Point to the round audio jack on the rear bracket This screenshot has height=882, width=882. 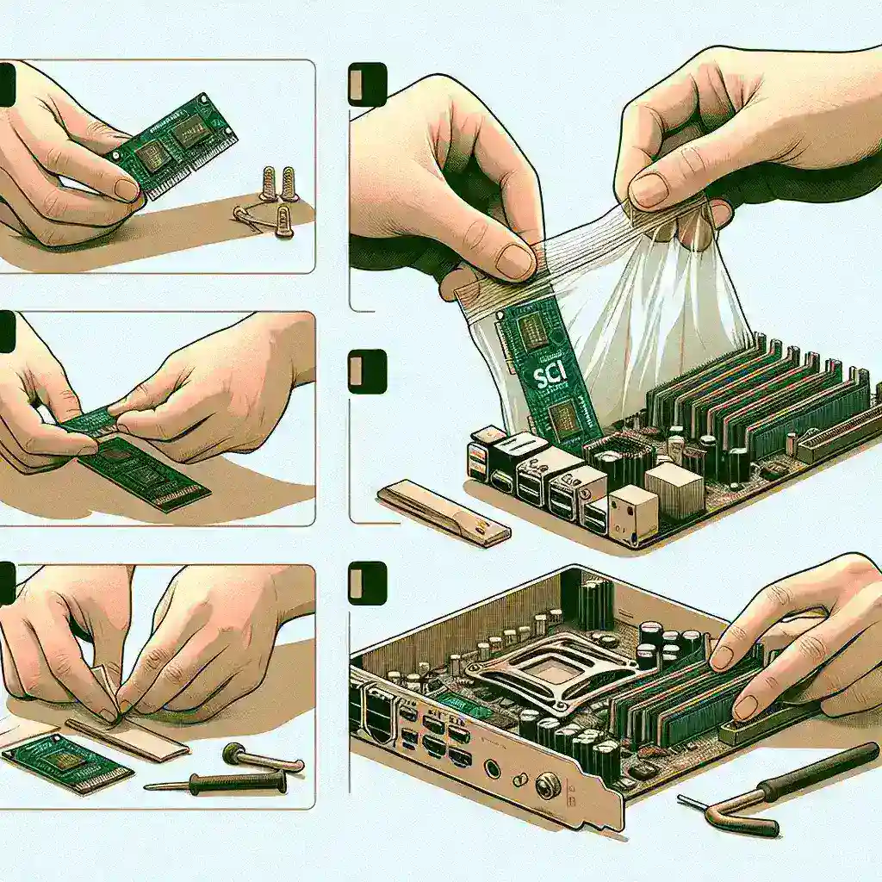tap(492, 767)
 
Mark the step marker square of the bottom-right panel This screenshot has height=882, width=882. tap(367, 583)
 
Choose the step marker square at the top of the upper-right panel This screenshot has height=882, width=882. tap(367, 84)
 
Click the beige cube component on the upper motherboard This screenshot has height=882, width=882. tap(672, 490)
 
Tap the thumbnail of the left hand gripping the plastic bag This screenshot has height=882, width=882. tap(514, 261)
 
